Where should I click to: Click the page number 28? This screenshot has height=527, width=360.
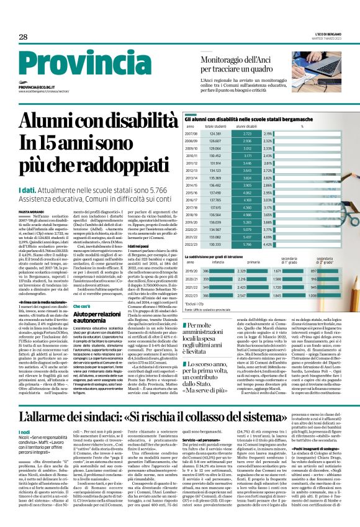point(23,37)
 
